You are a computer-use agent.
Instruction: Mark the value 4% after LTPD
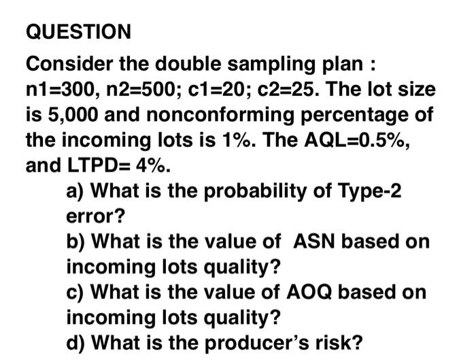point(150,164)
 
